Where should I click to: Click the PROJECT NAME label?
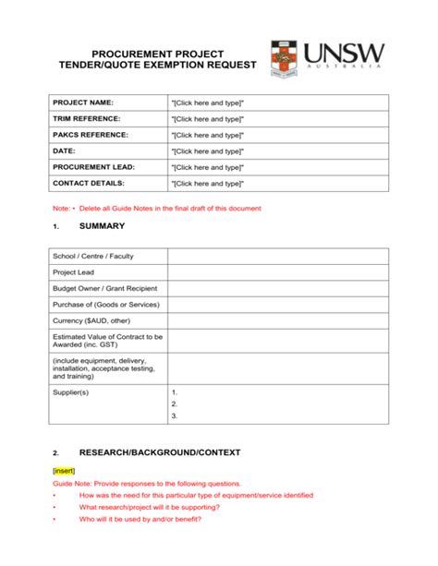click(83, 102)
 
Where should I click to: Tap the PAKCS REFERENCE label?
click(90, 135)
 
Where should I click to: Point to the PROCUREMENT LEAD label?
click(93, 167)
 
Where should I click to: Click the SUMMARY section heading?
click(102, 226)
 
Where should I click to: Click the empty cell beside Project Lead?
click(277, 272)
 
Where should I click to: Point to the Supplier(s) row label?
click(71, 392)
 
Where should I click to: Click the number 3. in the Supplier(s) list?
click(175, 416)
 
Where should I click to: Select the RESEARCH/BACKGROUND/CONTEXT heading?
click(160, 452)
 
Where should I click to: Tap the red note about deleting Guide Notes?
click(157, 208)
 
